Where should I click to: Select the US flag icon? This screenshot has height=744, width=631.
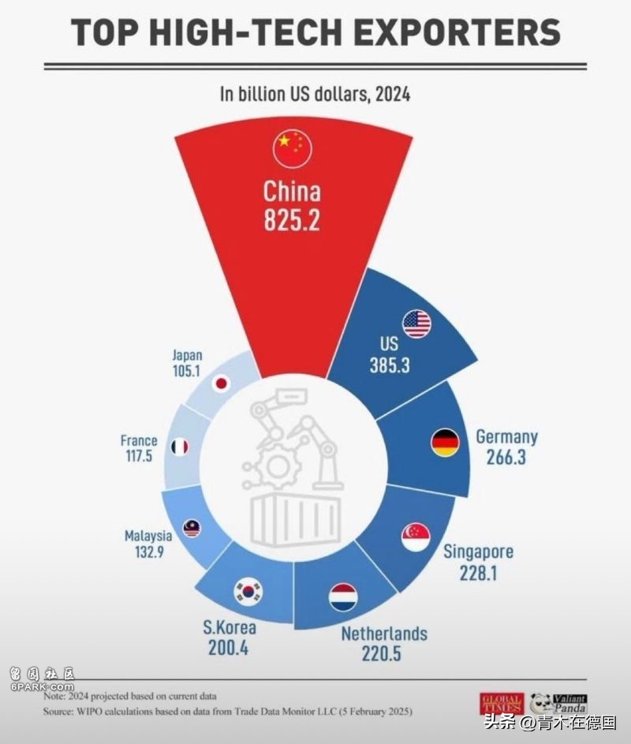point(416,323)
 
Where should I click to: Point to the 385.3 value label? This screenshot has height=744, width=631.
point(390,365)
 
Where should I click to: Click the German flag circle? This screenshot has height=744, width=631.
point(445,443)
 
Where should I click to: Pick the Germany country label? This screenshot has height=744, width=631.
point(506,436)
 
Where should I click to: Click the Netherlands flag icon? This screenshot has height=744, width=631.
point(343,597)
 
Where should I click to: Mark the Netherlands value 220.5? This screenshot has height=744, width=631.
point(383,654)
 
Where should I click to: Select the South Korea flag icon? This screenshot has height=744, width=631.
point(248,590)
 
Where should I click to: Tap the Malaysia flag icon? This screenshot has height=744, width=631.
point(192,528)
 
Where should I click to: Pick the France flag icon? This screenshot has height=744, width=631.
point(180,447)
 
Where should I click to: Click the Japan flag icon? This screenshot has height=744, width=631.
point(222,384)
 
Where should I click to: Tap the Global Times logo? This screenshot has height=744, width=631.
point(501,702)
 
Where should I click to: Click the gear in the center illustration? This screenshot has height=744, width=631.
point(278,466)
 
